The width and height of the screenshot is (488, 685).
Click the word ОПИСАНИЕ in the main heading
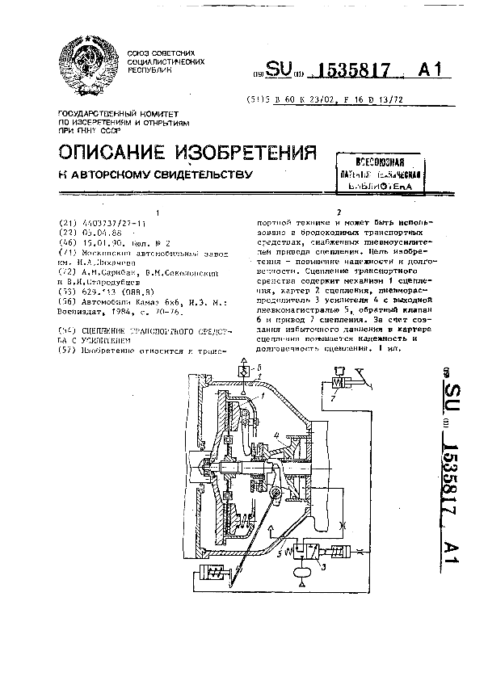tap(110, 153)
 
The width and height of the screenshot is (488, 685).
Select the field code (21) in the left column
tap(68, 222)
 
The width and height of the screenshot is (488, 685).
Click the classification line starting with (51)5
tap(324, 102)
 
